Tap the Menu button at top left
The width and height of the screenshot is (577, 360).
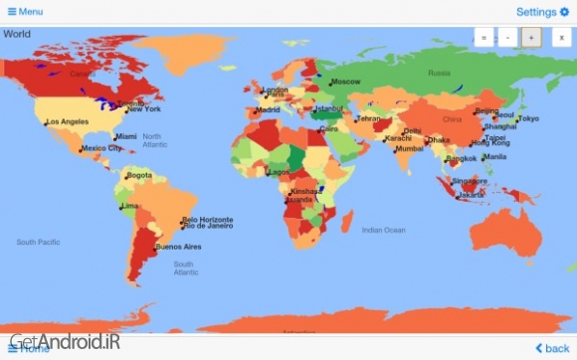tap(25, 12)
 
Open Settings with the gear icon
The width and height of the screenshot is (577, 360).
tap(542, 12)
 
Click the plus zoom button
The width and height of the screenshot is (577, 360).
tap(531, 38)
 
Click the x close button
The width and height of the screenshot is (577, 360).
tap(559, 38)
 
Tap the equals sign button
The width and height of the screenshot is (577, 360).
tap(483, 38)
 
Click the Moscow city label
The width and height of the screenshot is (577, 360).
tap(345, 82)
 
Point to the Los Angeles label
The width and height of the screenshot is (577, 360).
tap(68, 122)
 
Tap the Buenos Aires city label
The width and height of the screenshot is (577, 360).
tap(178, 247)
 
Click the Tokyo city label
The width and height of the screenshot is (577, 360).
tap(528, 118)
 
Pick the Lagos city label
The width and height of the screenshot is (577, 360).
tap(280, 172)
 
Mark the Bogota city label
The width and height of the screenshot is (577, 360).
tap(139, 175)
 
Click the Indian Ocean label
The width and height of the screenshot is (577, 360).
tap(383, 230)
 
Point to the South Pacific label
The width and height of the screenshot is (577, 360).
tap(39, 242)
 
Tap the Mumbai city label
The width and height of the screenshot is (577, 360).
tap(409, 148)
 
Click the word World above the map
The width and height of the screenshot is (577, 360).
tap(17, 34)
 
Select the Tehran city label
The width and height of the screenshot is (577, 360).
tap(369, 118)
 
